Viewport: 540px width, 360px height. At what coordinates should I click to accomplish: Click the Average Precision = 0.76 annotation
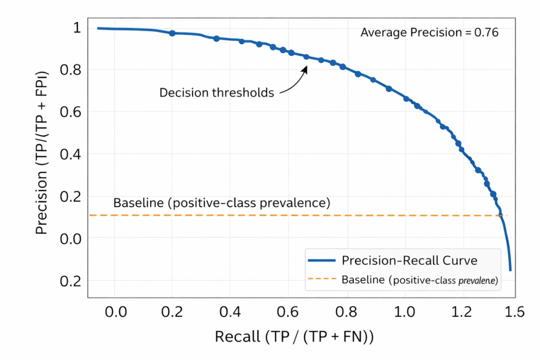pyautogui.click(x=429, y=33)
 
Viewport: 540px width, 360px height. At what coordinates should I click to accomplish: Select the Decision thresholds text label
pyautogui.click(x=216, y=93)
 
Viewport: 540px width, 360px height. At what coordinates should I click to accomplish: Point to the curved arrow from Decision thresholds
pyautogui.click(x=296, y=80)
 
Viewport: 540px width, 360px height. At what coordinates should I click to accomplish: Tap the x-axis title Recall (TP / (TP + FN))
pyautogui.click(x=294, y=336)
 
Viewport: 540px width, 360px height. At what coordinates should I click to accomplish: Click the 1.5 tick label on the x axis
pyautogui.click(x=513, y=313)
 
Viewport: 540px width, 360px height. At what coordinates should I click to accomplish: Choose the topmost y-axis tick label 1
pyautogui.click(x=76, y=27)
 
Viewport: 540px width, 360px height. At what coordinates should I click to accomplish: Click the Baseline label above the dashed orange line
pyautogui.click(x=221, y=203)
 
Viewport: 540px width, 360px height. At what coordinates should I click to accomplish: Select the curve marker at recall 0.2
pyautogui.click(x=172, y=33)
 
